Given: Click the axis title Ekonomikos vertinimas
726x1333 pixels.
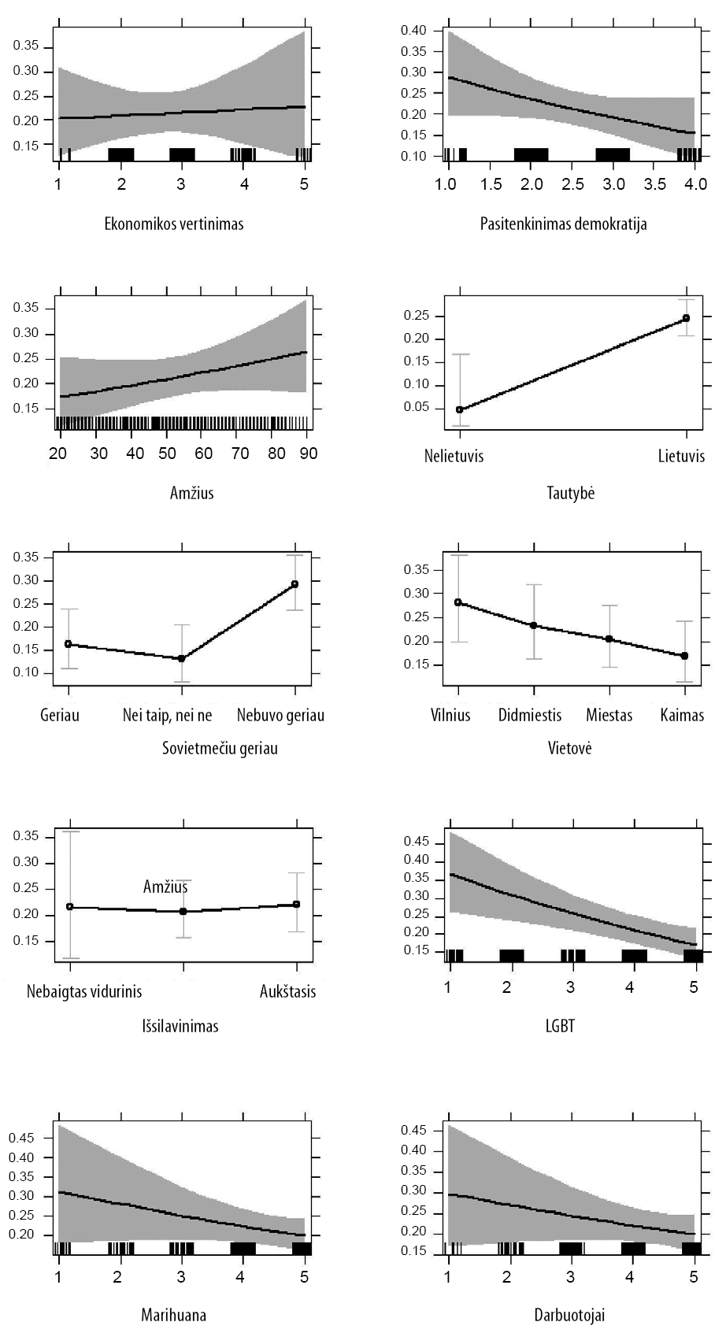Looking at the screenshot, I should click(x=174, y=224).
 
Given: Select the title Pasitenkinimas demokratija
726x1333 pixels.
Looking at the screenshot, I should click(x=564, y=224).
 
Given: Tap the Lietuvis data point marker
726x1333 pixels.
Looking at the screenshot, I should click(x=686, y=318).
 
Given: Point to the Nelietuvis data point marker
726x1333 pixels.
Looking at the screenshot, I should click(x=459, y=409).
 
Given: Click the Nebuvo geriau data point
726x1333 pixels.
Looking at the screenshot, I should click(x=294, y=584).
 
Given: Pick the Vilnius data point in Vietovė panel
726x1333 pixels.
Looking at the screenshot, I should click(x=457, y=602).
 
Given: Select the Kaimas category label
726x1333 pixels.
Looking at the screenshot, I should click(x=682, y=716).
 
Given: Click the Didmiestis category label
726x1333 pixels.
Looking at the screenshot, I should click(x=530, y=716).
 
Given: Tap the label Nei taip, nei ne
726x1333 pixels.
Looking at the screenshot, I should click(x=168, y=716).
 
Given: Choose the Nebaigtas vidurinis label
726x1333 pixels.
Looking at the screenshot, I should click(x=84, y=991).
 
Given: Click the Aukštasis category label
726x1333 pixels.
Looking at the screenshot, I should click(x=287, y=991).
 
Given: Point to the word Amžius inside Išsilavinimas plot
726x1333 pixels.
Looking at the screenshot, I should click(x=165, y=887).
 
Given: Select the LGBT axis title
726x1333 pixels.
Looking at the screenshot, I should click(x=560, y=1026).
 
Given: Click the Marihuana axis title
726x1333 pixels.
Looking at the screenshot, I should click(x=174, y=1315).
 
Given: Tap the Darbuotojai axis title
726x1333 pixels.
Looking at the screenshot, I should click(x=569, y=1315).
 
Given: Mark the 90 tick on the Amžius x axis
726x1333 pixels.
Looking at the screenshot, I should click(x=308, y=454).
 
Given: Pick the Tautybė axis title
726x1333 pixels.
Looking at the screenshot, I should click(x=571, y=494).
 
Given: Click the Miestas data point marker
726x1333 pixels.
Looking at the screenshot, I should click(x=609, y=639).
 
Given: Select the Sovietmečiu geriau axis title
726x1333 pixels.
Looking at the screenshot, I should click(x=220, y=748).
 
